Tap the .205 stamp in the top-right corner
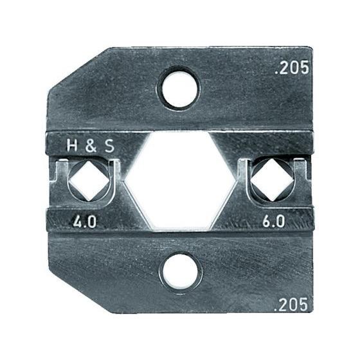[x=293, y=67]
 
